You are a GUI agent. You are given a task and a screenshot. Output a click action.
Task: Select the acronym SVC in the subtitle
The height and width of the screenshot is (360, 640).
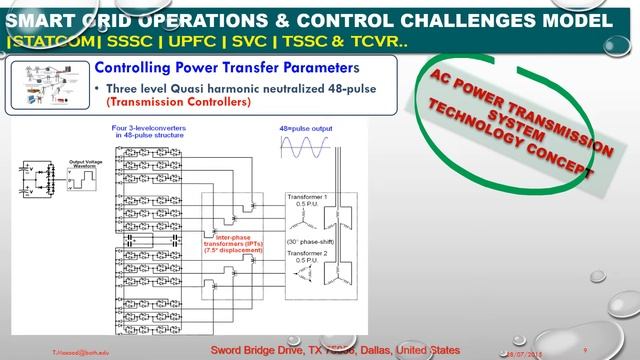click(x=192, y=42)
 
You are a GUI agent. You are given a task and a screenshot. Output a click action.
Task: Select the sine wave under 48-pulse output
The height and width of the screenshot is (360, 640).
click(x=307, y=150)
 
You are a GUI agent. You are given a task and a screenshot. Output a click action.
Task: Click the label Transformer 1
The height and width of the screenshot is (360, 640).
click(x=311, y=196)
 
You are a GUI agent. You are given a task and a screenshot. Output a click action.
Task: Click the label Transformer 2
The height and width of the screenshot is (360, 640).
click(x=311, y=255)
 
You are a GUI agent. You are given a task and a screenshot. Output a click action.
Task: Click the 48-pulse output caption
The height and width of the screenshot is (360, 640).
click(x=306, y=130)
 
